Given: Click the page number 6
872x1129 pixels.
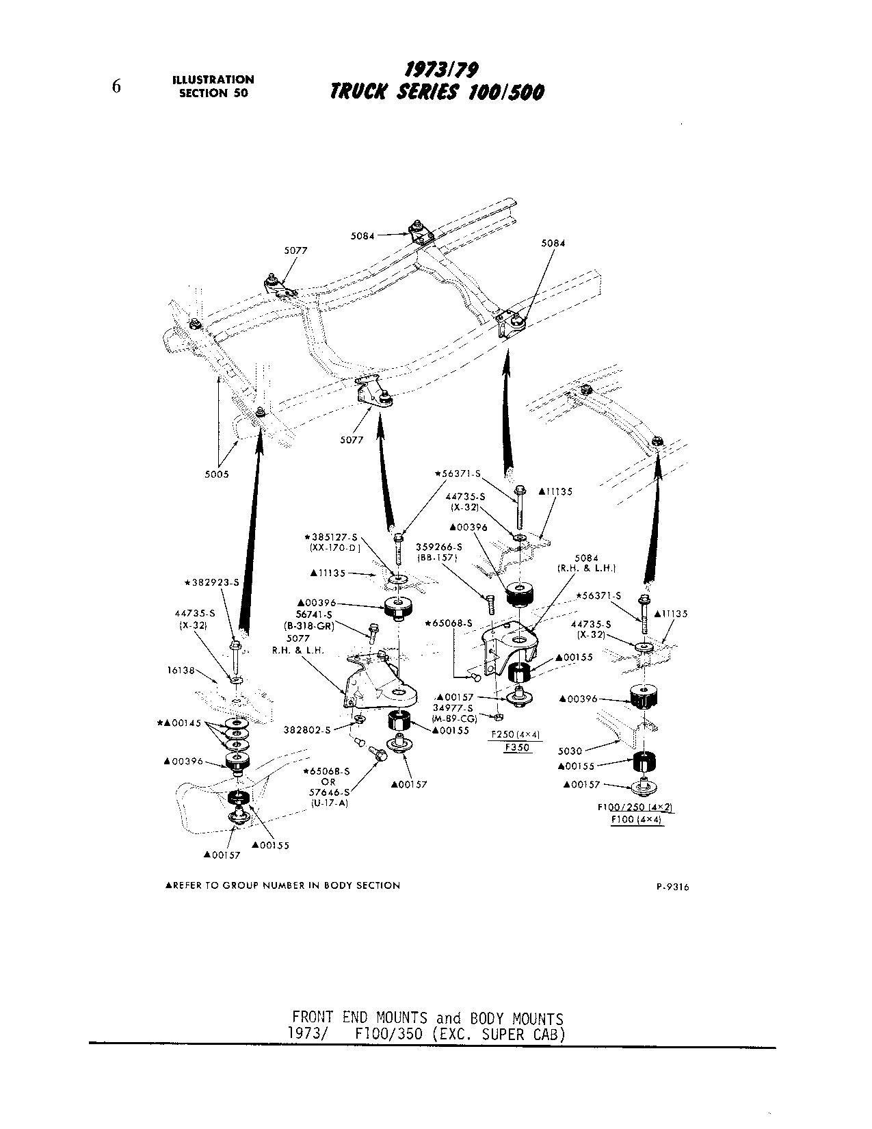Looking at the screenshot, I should pos(116,86).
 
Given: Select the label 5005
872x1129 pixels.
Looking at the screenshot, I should pos(217,474).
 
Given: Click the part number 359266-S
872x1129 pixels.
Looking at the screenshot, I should pos(438,547).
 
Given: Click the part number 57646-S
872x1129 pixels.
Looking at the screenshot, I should pos(328,792).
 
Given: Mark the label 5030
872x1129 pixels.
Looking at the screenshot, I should pos(569,751).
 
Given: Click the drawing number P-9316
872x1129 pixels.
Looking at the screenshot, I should pos(672,887).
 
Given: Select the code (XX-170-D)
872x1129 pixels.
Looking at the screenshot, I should pos(331,547).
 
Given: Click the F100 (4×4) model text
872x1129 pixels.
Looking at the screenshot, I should pos(636,819).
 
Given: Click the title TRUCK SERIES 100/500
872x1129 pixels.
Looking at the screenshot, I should pos(437,92).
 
